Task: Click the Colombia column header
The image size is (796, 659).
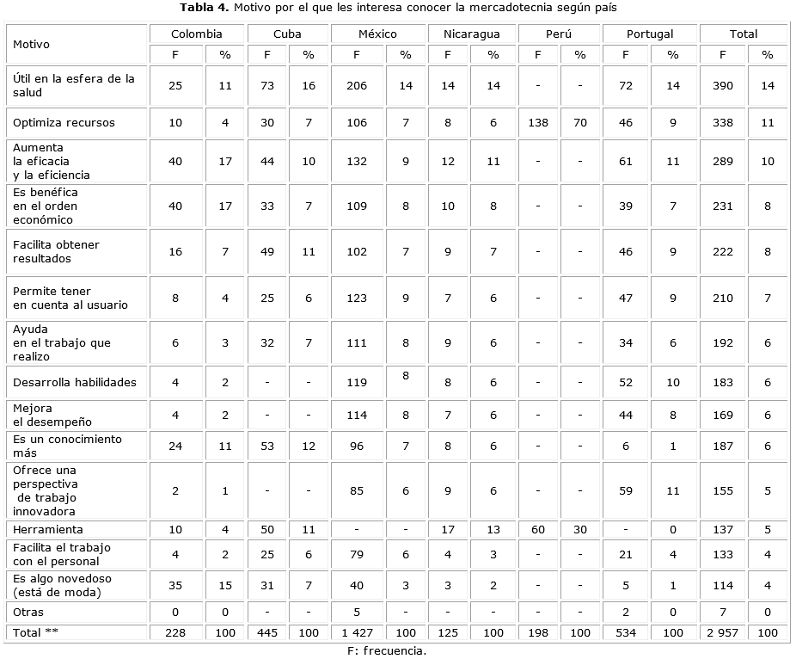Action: coord(196,34)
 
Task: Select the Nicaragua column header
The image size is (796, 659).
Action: coord(471,34)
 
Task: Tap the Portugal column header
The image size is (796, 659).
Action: coord(650,34)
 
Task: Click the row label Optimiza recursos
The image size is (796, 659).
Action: coord(64,122)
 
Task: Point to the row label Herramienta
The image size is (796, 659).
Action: coord(47,529)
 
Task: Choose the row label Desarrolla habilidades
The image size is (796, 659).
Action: coord(74,382)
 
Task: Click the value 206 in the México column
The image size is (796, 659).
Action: coord(356,85)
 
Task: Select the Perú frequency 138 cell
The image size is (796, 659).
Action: coord(537,122)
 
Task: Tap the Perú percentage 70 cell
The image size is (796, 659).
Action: coord(580,122)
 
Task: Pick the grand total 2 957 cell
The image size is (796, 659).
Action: coord(722,632)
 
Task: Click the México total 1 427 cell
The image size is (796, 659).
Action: coord(356,632)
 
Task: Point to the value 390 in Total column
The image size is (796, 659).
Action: coord(722,85)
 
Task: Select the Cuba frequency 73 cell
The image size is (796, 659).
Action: coord(267,85)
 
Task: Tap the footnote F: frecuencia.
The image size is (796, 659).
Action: coord(386,650)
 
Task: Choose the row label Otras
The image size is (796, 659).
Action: coord(28,612)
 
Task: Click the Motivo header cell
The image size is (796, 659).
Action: coord(31,44)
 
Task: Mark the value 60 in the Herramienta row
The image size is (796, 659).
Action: coord(537,529)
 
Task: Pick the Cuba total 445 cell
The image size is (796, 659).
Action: coord(267,632)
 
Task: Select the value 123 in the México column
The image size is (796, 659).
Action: coord(356,298)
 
